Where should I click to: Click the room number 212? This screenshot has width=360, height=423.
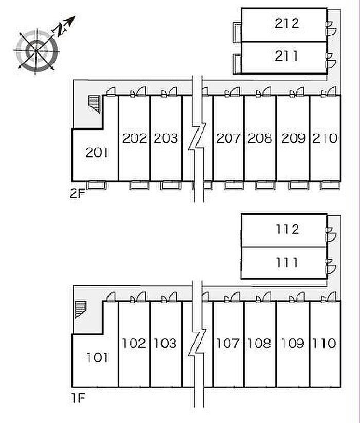[287, 23]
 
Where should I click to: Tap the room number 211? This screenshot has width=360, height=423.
[286, 56]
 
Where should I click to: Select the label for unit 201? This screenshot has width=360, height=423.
[97, 153]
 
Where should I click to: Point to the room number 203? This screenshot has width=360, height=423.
[166, 138]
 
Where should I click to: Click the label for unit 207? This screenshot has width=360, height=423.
[228, 138]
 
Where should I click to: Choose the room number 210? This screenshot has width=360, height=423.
[325, 138]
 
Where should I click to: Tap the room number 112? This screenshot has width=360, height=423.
[287, 229]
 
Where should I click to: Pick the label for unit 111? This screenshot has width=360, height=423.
[287, 263]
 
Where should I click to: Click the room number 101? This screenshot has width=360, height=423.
[97, 357]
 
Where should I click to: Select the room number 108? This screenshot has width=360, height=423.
[259, 343]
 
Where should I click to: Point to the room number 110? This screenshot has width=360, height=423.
[324, 343]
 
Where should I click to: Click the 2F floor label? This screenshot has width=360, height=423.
[78, 193]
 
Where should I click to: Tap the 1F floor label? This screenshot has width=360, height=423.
[79, 398]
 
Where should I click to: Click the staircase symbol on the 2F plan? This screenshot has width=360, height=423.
[94, 104]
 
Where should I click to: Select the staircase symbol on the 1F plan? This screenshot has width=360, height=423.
[81, 310]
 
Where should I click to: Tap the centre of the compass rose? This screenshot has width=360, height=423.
[36, 51]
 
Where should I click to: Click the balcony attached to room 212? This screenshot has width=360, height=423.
[237, 32]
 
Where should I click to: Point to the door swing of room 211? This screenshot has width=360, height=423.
[331, 64]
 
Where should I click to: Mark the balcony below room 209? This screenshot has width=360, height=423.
[298, 185]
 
